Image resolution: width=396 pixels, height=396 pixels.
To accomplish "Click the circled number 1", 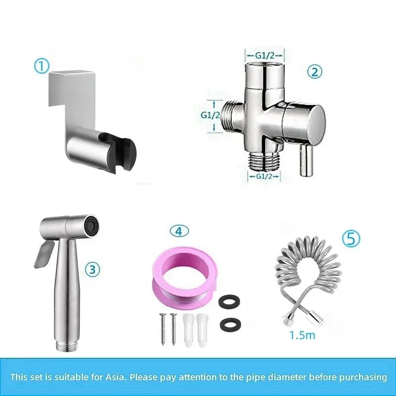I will [x=42, y=66].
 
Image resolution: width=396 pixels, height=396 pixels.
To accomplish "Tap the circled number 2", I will [x=314, y=72].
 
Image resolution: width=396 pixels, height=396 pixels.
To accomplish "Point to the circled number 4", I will [x=179, y=231].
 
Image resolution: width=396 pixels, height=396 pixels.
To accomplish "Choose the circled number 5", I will [x=350, y=238].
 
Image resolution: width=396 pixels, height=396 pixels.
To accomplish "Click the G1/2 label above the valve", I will [x=266, y=56].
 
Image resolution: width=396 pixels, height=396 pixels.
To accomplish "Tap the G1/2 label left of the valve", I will [x=210, y=115].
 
